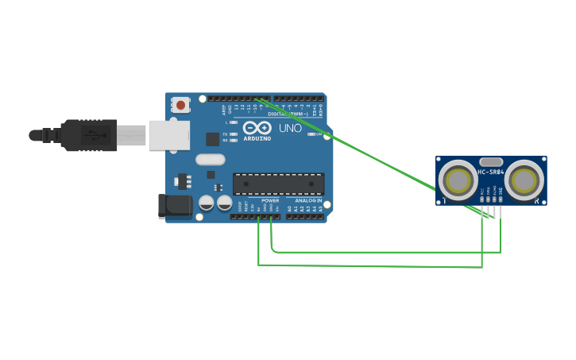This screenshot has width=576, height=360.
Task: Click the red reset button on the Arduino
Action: [x=181, y=104]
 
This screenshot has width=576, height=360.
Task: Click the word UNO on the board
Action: [x=290, y=128]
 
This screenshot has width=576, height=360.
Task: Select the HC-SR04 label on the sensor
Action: [x=490, y=171]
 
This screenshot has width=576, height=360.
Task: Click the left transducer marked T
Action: [x=458, y=180]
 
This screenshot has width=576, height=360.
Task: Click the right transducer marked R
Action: [x=524, y=180]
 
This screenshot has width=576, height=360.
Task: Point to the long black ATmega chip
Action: [x=278, y=184]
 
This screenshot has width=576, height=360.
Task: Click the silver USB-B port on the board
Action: [x=168, y=135]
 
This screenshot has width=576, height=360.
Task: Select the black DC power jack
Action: [x=176, y=206]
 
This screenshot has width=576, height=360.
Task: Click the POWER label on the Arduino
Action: [x=270, y=201]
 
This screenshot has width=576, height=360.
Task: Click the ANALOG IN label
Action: [x=307, y=201]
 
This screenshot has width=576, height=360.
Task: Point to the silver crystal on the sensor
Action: [x=491, y=161]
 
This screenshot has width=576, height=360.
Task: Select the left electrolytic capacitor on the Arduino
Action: [x=207, y=203]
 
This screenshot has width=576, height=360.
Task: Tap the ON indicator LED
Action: [x=311, y=134]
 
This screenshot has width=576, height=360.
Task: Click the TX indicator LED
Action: [x=233, y=134]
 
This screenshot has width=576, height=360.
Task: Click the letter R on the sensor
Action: [x=538, y=202]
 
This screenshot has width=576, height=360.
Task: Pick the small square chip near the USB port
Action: [x=212, y=139]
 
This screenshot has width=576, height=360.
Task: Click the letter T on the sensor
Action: [x=444, y=202]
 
